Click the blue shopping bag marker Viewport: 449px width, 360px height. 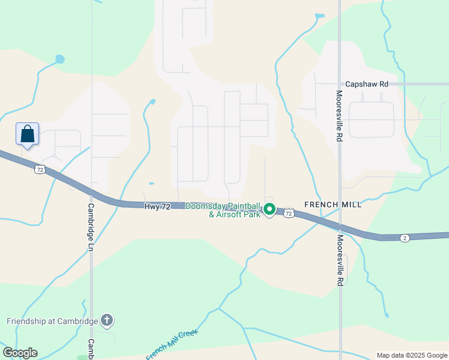(28, 133)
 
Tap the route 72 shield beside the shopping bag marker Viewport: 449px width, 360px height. (39, 170)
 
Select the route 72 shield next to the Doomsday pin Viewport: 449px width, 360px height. (289, 213)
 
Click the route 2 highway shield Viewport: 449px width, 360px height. (405, 238)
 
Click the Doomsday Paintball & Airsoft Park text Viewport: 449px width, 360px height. (223, 210)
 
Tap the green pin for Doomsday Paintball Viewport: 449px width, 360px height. (270, 209)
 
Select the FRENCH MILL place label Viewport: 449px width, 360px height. (333, 205)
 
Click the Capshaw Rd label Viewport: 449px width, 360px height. (367, 85)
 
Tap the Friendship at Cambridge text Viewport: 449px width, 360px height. (52, 321)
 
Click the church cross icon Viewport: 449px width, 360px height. (107, 320)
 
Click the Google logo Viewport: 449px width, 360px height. (20, 352)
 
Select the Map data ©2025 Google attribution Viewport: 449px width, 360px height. (412, 355)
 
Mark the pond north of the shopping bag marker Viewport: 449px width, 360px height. (59, 59)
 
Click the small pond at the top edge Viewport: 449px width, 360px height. (319, 16)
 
